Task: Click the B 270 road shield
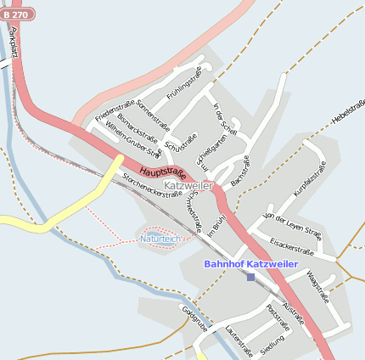coord(25,15)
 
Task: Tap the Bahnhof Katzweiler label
coord(250,264)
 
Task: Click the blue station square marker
coord(250,277)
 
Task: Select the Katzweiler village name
coord(188,185)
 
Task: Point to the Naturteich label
coord(160,239)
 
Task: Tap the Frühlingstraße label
coord(184,86)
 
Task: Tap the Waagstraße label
coord(316,286)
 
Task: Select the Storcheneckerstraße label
coord(153,185)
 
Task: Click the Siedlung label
coord(272,345)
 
